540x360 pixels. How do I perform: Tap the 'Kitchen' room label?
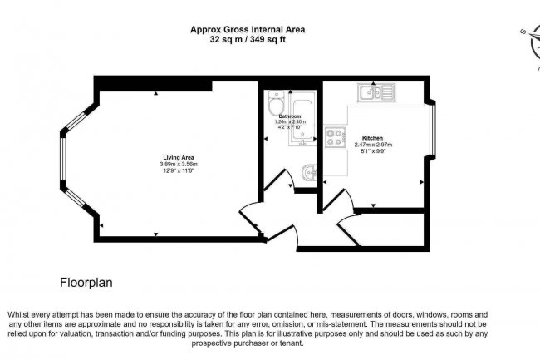[x=372, y=136]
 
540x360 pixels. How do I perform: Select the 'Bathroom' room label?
[x=290, y=116]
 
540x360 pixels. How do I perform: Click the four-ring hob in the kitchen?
[x=335, y=136]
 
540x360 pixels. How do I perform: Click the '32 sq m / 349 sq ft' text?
[x=248, y=39]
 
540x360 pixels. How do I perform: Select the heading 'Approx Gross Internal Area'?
[x=248, y=29]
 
